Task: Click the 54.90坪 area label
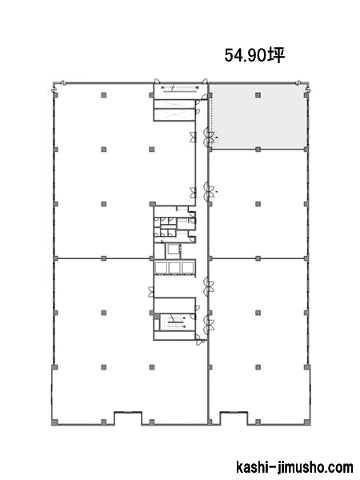[x=254, y=55]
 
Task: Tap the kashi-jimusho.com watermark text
[x=294, y=467]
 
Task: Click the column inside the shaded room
[x=258, y=95]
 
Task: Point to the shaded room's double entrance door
[x=210, y=136]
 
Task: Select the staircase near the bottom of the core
[x=175, y=322]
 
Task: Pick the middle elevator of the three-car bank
[x=175, y=267]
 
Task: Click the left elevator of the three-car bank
[x=162, y=267]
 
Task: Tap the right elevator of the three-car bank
[x=188, y=267]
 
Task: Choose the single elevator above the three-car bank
[x=173, y=251]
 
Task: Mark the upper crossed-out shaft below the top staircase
[x=174, y=104]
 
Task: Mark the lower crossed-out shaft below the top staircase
[x=174, y=114]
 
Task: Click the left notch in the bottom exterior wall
[x=128, y=418]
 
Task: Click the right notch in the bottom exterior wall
[x=234, y=418]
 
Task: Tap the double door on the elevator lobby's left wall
[x=150, y=292]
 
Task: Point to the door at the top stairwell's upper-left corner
[x=156, y=81]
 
